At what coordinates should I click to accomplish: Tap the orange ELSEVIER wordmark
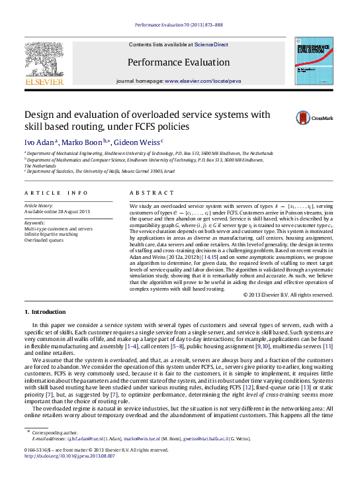pos(44,81)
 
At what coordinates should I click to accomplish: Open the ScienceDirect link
pos(211,45)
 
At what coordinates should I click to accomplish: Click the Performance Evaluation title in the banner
pos(179,62)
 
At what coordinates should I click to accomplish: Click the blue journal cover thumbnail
pos(314,61)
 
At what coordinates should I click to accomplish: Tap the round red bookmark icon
pos(303,119)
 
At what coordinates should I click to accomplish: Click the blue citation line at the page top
pos(179,25)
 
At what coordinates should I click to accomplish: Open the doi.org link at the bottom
pos(70,456)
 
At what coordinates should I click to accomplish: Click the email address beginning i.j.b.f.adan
pos(85,438)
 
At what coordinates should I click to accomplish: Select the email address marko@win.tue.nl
pos(141,438)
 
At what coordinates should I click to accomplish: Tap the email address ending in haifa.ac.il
pos(206,438)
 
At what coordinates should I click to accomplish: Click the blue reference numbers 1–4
pos(131,346)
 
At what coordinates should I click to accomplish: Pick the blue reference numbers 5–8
pos(177,346)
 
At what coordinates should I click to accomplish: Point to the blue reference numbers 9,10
pos(262,346)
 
